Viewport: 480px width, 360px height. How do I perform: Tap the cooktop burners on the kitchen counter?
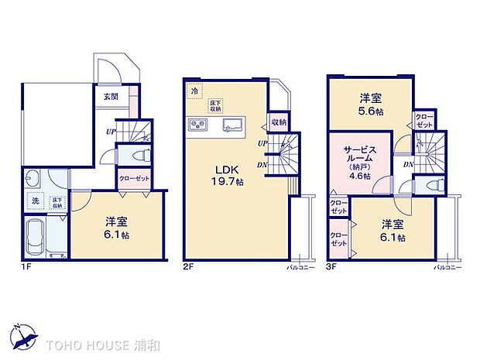click(195, 126)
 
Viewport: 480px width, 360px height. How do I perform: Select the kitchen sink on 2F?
click(234, 126)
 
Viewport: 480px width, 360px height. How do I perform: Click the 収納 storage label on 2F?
click(279, 122)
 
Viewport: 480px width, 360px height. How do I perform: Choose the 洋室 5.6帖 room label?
click(369, 105)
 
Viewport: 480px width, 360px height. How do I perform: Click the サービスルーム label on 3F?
click(358, 154)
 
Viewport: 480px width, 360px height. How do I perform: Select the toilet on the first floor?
click(128, 155)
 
